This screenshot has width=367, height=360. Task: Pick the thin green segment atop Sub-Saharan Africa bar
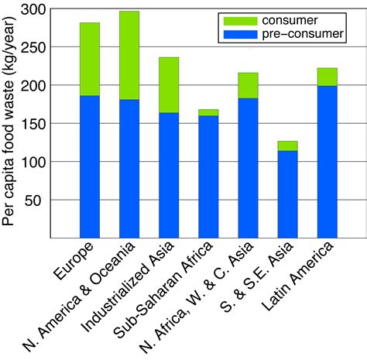(208, 112)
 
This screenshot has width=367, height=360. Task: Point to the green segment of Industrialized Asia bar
(169, 85)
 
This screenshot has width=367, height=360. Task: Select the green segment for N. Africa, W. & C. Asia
(248, 85)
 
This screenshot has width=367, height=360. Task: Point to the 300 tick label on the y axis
(36, 11)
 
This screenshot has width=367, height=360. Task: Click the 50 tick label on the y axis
(39, 200)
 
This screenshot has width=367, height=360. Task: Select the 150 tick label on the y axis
(36, 124)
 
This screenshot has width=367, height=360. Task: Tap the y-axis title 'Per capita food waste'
(10, 124)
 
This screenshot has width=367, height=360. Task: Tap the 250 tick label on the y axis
(36, 48)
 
